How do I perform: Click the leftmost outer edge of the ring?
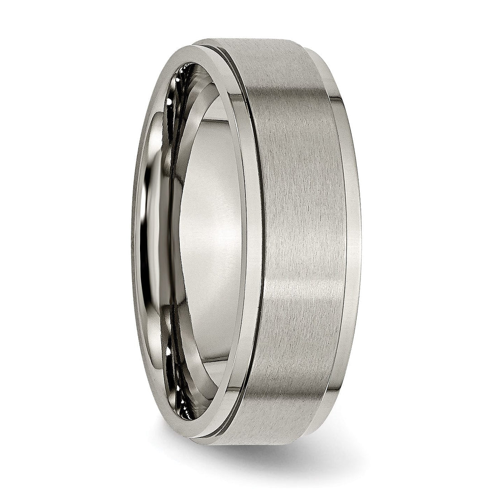click(x=133, y=235)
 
